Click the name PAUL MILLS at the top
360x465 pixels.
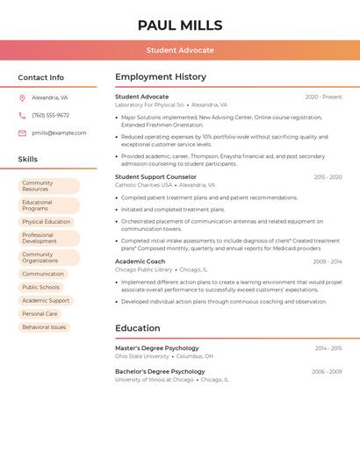[x=180, y=25]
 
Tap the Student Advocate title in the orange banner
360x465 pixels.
[x=180, y=50]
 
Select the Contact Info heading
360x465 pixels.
[x=41, y=77]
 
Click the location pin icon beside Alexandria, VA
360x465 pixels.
[x=22, y=98]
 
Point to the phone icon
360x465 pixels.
[x=22, y=116]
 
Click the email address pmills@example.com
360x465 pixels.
[x=59, y=133]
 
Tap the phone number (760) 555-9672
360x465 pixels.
[x=50, y=116]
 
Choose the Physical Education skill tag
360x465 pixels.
[x=47, y=222]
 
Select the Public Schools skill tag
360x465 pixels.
[x=41, y=287]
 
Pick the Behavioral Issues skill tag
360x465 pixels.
[x=44, y=326]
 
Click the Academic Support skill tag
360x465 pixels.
[x=46, y=300]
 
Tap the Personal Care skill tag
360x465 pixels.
[x=40, y=313]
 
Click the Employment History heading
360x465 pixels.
[x=161, y=77]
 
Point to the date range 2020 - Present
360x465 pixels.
[x=323, y=97]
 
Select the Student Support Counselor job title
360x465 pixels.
[x=155, y=177]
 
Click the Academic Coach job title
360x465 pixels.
[x=140, y=261]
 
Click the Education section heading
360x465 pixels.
[x=138, y=328]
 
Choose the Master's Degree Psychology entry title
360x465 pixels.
[x=156, y=348]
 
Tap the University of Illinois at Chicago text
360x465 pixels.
[x=155, y=380]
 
